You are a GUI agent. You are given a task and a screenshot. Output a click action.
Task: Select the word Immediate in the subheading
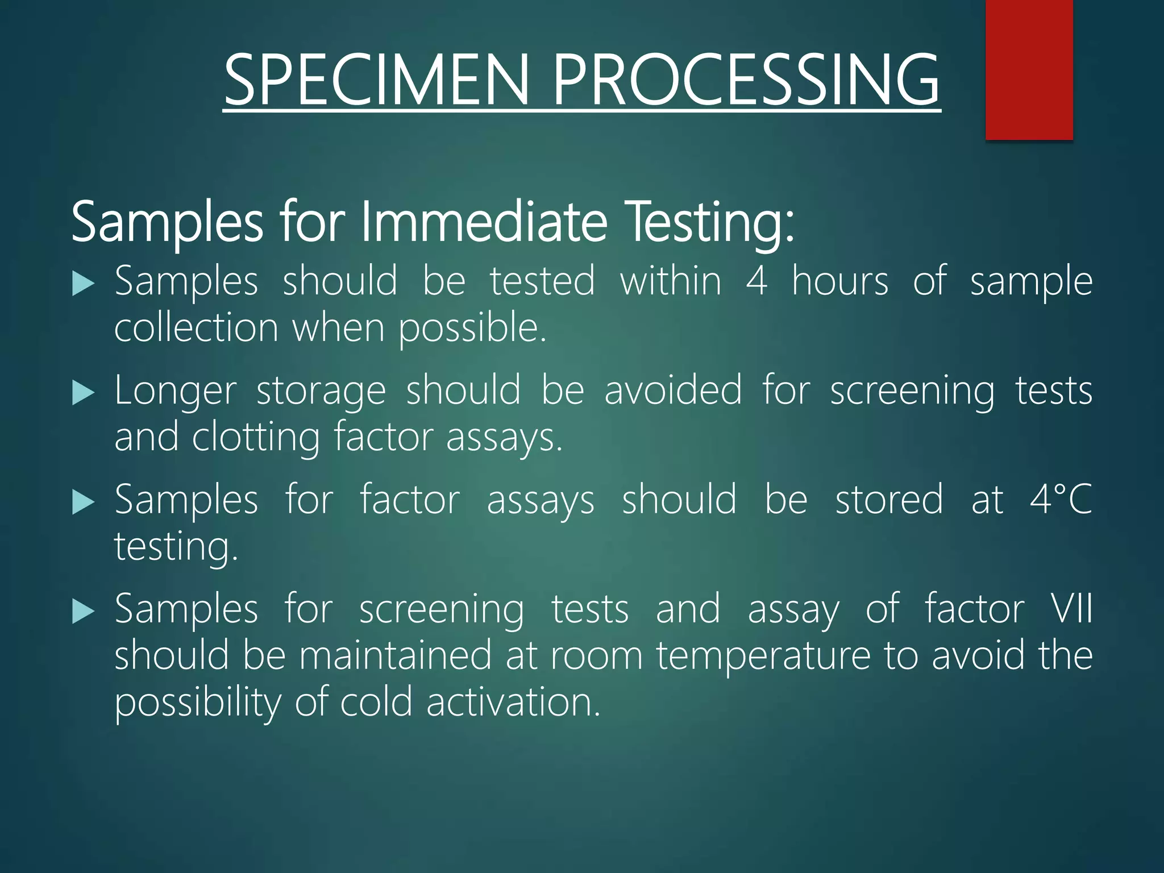[x=484, y=222]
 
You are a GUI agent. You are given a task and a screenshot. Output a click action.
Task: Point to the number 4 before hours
[x=756, y=281]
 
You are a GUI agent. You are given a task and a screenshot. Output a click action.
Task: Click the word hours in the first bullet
[x=840, y=281]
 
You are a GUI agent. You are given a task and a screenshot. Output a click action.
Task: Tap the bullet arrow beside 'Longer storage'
[x=83, y=393]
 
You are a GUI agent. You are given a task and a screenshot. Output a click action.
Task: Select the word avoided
[x=673, y=391]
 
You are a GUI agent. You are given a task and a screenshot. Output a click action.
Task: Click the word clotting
[x=256, y=438]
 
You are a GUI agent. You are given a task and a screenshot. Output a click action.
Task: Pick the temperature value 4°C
[x=1061, y=500]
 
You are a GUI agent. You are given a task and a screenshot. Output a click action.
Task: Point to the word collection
[x=196, y=328]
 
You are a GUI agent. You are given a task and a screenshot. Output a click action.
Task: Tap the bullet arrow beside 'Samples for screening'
[x=83, y=612]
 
